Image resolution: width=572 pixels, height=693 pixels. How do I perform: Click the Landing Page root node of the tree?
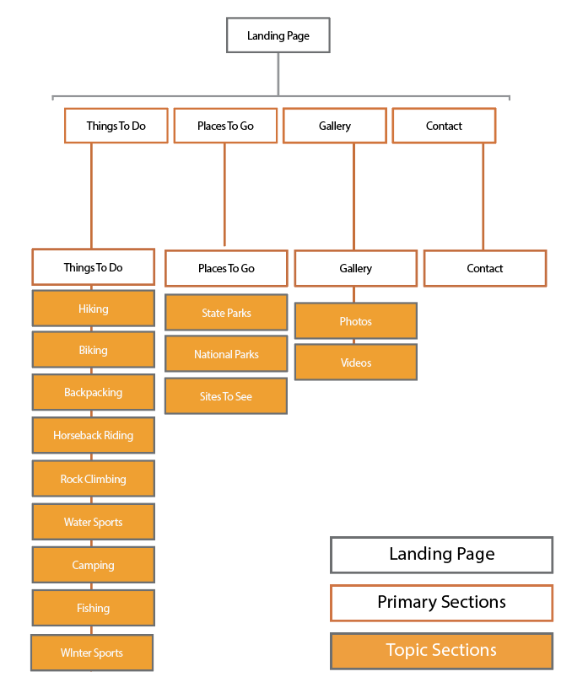pos(278,36)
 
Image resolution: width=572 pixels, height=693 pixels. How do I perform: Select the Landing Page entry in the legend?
pos(441,555)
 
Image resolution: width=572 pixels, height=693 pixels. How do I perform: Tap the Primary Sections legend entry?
pos(441,603)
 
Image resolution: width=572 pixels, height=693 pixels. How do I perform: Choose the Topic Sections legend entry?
pos(441,651)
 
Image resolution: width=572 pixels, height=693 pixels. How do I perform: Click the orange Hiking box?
pos(93,309)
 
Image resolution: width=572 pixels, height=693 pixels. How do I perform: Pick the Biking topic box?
pos(93,350)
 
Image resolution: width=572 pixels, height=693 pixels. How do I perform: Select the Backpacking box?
pos(93,392)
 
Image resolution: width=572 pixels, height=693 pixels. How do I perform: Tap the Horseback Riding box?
pos(93,436)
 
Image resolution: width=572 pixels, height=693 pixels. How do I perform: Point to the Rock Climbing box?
pos(93,479)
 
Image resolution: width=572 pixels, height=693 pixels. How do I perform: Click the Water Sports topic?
pos(93,522)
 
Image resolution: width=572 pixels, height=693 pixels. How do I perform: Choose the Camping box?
pos(93,565)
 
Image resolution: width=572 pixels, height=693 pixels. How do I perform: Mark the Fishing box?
pos(93,608)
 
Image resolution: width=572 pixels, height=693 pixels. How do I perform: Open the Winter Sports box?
pos(91,653)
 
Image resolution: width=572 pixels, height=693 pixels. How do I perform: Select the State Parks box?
pos(226,313)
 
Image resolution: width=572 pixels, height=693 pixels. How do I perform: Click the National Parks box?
pos(226,354)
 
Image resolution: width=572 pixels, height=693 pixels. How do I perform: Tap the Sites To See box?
pos(226,396)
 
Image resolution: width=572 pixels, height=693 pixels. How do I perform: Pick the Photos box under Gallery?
pos(355,321)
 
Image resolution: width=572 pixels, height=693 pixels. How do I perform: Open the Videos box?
pos(355,363)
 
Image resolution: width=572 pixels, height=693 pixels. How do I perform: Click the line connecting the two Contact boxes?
pos(483,196)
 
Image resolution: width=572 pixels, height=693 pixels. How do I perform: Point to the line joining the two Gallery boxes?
pos(353,196)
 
